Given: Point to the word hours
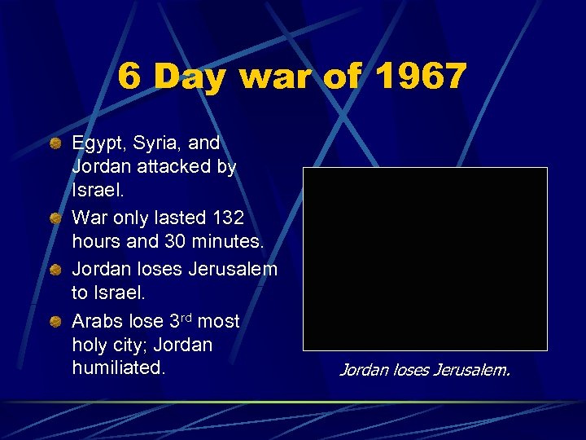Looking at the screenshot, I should coord(97,241).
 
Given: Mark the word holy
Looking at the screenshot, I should coord(90,345).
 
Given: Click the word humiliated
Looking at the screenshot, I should coord(118,367).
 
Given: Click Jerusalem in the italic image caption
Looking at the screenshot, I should coord(471,371).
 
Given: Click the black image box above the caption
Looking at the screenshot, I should coord(425,259).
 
